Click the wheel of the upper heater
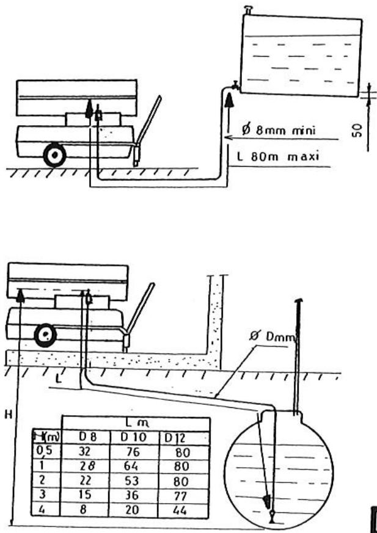tap(55, 156)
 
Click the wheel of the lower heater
tap(43, 335)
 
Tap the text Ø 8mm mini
tap(282, 129)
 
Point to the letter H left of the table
tap(7, 414)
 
